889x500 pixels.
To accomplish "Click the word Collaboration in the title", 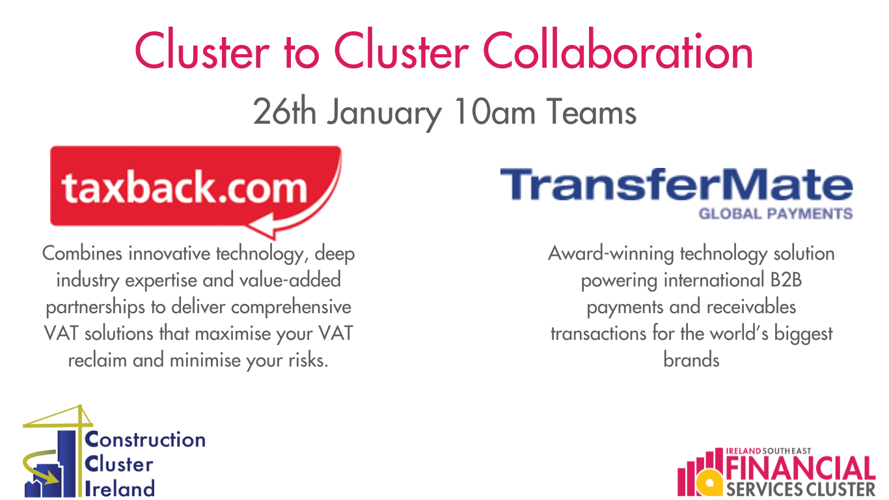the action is (x=618, y=49).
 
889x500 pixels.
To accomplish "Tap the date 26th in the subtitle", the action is (x=284, y=111).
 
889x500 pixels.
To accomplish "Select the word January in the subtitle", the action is (x=384, y=115).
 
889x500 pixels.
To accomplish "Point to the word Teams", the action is (x=592, y=111).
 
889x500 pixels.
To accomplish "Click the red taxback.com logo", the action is (x=196, y=192).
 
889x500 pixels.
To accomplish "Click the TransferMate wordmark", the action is (x=676, y=184).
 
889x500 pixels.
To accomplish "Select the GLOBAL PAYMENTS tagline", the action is (x=776, y=214).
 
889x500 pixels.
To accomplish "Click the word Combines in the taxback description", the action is (x=82, y=253).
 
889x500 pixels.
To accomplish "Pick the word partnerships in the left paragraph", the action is (x=95, y=308).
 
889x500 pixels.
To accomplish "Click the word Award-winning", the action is (x=611, y=254).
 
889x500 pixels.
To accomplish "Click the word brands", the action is (x=691, y=360).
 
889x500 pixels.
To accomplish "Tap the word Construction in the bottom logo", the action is (x=145, y=439).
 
